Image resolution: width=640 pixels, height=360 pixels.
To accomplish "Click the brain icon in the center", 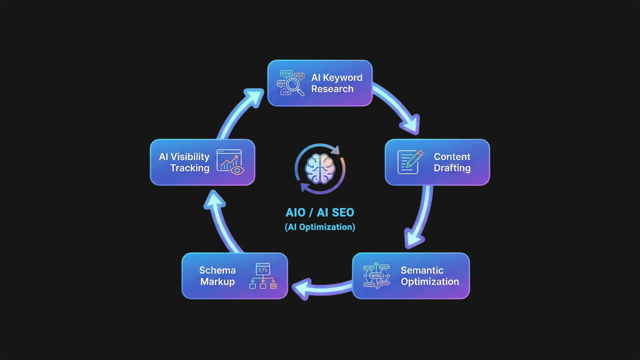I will (320, 169).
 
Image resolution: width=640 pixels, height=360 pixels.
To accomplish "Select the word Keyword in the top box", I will (342, 78).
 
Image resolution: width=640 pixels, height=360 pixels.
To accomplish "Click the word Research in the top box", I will (332, 89).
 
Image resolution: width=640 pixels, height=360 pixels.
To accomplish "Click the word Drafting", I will (452, 168).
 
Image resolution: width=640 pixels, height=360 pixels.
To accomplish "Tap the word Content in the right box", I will (452, 157).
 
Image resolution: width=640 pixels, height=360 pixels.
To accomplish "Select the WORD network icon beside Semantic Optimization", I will (376, 276).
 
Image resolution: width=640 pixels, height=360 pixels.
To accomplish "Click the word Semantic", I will (422, 270).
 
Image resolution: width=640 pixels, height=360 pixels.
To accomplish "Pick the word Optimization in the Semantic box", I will (430, 282).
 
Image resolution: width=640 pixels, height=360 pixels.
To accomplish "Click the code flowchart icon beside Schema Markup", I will (263, 276).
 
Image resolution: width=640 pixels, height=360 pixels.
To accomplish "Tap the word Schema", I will (217, 270).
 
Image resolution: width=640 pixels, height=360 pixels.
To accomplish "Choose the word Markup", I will (217, 282).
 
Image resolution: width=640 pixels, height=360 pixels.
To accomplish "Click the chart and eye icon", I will (230, 162).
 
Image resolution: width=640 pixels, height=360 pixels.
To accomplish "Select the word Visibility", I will (190, 157).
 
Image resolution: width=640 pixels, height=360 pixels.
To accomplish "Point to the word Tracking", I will (190, 168).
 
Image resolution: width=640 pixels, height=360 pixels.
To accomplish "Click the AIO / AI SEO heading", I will (320, 213).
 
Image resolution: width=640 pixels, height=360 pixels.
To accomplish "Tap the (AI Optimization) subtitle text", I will (320, 227).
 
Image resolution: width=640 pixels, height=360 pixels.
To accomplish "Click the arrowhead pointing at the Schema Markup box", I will (301, 288).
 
